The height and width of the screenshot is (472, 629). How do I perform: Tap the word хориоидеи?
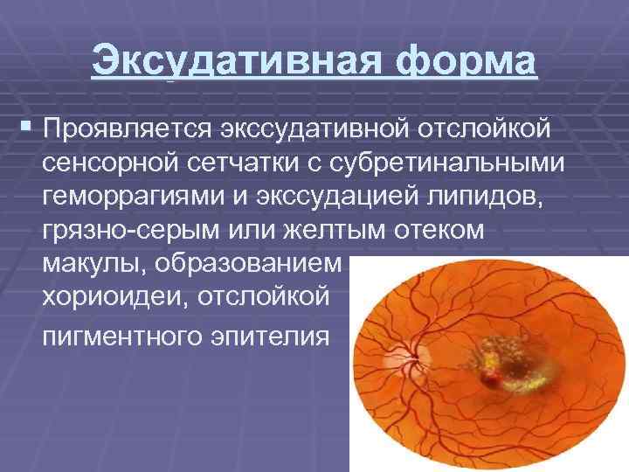[x=114, y=299]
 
